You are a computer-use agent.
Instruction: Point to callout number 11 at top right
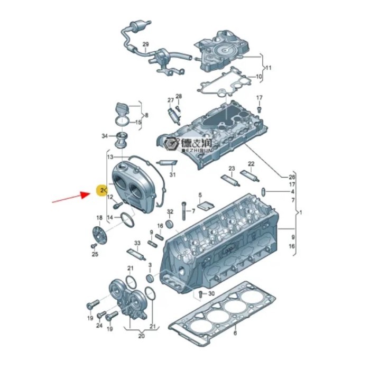tap(268, 68)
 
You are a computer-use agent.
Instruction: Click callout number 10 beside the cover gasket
tap(259, 77)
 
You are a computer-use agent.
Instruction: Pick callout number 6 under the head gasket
tap(235, 333)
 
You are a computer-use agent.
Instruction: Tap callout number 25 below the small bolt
tap(95, 255)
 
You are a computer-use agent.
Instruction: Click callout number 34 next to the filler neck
tap(105, 136)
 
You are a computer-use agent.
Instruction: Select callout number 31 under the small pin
tap(172, 174)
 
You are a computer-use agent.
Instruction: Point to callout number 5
tap(200, 195)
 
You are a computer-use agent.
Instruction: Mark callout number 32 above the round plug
tap(170, 212)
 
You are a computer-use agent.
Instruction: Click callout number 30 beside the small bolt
tap(211, 293)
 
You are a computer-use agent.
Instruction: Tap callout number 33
tap(137, 244)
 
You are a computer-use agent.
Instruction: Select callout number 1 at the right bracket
tap(302, 212)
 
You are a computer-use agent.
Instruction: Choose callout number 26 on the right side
tap(292, 177)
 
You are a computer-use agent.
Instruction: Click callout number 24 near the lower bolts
tap(99, 326)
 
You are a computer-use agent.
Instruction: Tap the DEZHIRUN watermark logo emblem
tap(171, 143)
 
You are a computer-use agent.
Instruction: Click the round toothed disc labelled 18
tap(97, 235)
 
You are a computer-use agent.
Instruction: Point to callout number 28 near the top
tap(179, 96)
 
